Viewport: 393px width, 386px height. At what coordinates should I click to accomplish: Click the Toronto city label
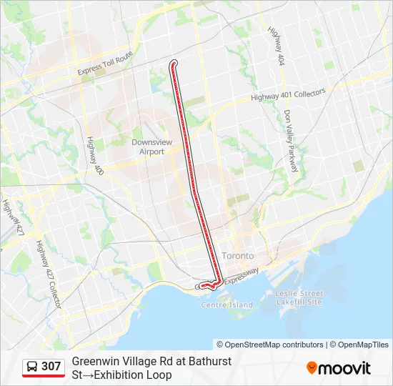click(238, 255)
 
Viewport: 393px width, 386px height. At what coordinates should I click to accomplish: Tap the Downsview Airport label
click(148, 147)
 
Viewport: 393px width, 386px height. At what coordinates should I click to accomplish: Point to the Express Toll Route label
click(105, 62)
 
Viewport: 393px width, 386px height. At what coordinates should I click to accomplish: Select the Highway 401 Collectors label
click(288, 95)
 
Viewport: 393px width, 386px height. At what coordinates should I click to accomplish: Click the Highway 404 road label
click(277, 47)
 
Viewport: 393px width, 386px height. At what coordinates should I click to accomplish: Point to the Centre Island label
click(227, 305)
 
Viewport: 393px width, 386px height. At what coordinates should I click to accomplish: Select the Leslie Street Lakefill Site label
click(300, 297)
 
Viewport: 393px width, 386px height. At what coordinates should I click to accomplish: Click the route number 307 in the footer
click(51, 367)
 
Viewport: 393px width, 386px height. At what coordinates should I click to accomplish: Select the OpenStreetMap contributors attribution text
click(270, 345)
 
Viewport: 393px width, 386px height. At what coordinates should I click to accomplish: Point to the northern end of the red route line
click(174, 64)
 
